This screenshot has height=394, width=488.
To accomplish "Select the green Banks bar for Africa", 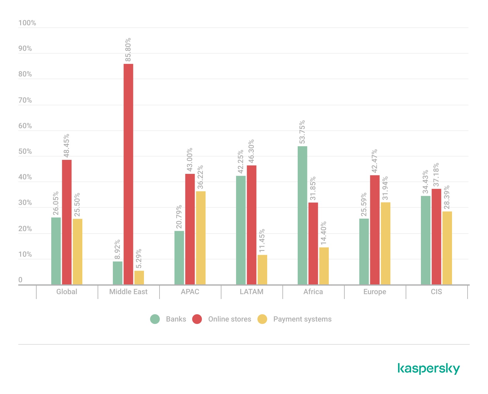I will [x=302, y=215].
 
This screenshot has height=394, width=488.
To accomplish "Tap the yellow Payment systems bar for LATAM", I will [x=262, y=270].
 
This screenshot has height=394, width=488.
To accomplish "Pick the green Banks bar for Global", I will [x=56, y=251].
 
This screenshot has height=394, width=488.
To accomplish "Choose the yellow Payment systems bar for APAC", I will [x=201, y=238].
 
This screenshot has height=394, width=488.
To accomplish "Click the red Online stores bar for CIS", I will [x=436, y=237].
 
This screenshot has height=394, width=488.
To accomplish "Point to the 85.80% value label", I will [x=128, y=49].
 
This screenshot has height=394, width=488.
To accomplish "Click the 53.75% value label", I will [x=302, y=132].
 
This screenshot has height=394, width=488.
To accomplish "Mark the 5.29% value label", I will [x=139, y=259].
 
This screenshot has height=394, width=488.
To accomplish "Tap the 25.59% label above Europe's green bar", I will [x=364, y=204].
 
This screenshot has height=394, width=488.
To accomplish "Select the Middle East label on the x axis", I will [x=128, y=292].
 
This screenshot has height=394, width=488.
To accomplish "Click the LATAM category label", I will [x=251, y=292].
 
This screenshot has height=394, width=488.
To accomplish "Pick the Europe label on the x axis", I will [x=375, y=292].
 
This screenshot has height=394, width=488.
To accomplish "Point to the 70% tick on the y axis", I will [x=25, y=100].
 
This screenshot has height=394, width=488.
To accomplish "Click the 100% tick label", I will [x=27, y=23].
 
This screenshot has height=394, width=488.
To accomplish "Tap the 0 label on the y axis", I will [x=20, y=280].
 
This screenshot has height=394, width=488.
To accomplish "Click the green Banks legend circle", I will [x=155, y=319].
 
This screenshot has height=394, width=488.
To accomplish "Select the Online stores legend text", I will [x=229, y=319].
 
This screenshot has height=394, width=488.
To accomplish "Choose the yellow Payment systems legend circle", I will [x=262, y=319].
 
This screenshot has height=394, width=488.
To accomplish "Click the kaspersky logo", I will [x=429, y=368].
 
